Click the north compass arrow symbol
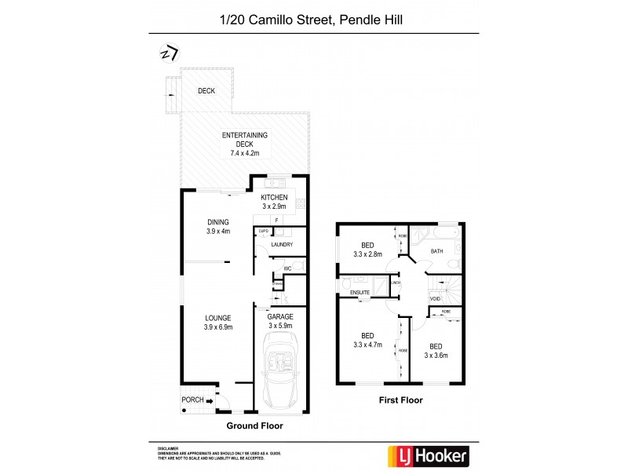169,53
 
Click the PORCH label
193,400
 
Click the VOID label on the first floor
434,298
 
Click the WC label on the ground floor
288,268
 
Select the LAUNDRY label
281,245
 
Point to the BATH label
437,251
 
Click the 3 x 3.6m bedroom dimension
435,355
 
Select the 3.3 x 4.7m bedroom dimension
367,342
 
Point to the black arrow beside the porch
210,400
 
